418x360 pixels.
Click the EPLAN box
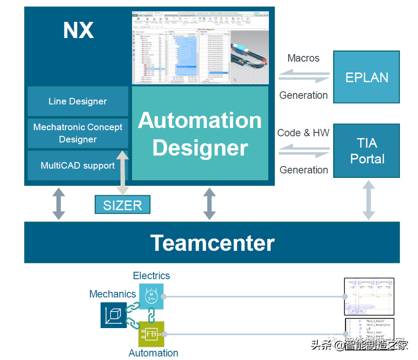coord(366,77)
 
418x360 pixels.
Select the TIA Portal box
coord(366,151)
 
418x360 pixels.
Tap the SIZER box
coord(122,204)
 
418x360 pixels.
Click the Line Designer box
coord(77,101)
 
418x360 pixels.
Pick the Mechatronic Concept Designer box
coord(77,133)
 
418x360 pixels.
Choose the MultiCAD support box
coord(77,166)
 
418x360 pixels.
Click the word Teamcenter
coord(212,242)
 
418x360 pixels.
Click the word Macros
coord(303,58)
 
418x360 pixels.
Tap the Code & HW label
coord(303,133)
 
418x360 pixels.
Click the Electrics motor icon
coord(151,296)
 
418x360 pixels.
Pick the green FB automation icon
coord(151,334)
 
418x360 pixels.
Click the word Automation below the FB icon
coord(153,353)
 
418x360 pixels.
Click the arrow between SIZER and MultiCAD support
coord(122,173)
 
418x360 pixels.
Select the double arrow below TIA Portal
coord(369,200)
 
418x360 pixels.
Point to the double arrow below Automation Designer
coord(209,204)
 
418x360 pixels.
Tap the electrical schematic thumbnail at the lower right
coord(369,297)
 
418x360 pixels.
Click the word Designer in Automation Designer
coord(200,148)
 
